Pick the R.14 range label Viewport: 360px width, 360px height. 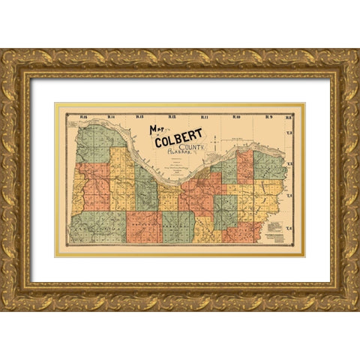click(x=110, y=117)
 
